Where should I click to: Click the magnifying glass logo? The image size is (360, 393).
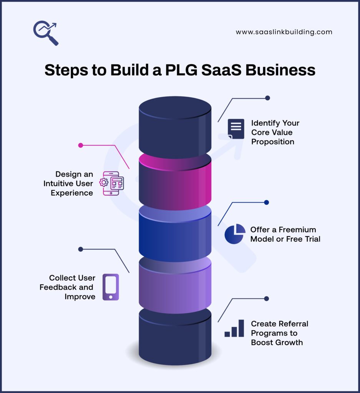45,33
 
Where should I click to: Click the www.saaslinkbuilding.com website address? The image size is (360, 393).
284,32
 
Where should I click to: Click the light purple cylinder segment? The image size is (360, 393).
175,288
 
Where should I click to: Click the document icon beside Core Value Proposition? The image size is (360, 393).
236,129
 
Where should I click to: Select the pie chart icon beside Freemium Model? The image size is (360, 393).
235,234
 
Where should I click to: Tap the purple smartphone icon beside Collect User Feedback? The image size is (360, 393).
111,287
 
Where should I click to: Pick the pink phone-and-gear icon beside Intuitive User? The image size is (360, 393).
112,183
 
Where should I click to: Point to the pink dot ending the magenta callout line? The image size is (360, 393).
81,145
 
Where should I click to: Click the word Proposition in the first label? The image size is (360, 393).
272,142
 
